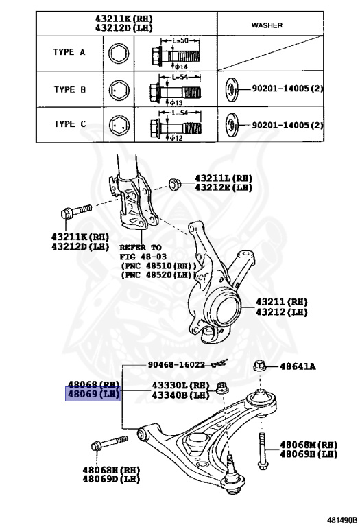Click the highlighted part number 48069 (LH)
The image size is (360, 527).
[93, 395]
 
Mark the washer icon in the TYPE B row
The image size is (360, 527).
[233, 89]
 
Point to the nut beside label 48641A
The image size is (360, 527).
[260, 366]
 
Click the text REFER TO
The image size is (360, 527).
[141, 247]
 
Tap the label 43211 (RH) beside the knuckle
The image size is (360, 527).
[282, 301]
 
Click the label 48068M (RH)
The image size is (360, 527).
[308, 445]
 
